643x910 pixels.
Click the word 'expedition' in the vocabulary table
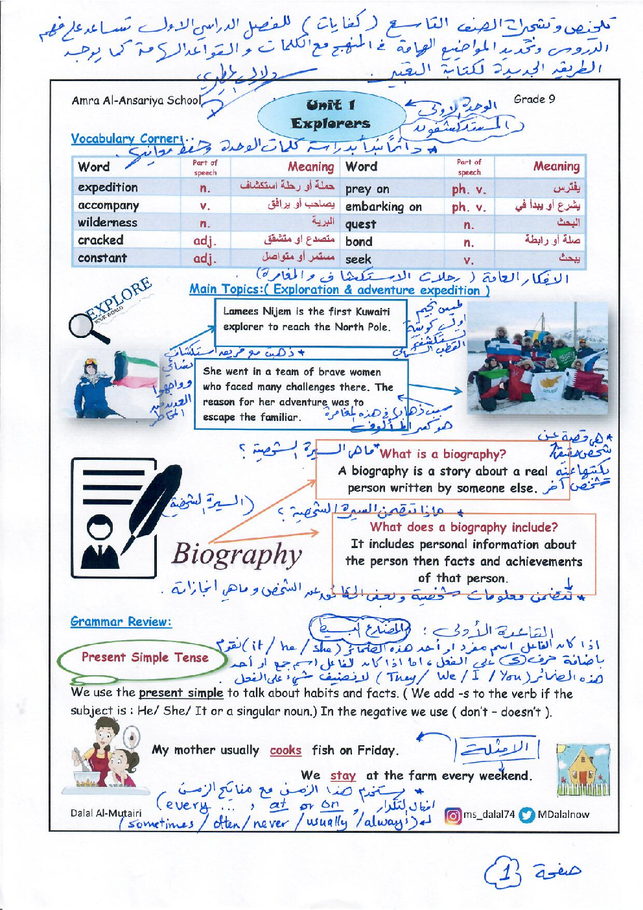pos(108,187)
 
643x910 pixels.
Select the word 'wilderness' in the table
pos(108,222)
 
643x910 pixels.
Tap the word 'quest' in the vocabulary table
pos(360,224)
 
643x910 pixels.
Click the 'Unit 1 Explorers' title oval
pos(330,114)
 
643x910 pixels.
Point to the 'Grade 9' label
pos(534,99)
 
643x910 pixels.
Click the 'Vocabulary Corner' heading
pos(127,139)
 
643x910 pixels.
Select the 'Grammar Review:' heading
pos(121,621)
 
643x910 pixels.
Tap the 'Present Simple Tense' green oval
pos(145,658)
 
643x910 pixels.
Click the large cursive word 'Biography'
pos(237,555)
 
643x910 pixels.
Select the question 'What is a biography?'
pos(443,454)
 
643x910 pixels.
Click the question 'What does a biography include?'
pos(463,527)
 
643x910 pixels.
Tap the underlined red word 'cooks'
pos(286,750)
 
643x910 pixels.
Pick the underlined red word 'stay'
pos(343,776)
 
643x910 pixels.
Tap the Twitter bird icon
pos(527,815)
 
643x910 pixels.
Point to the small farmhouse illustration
pos(583,771)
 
